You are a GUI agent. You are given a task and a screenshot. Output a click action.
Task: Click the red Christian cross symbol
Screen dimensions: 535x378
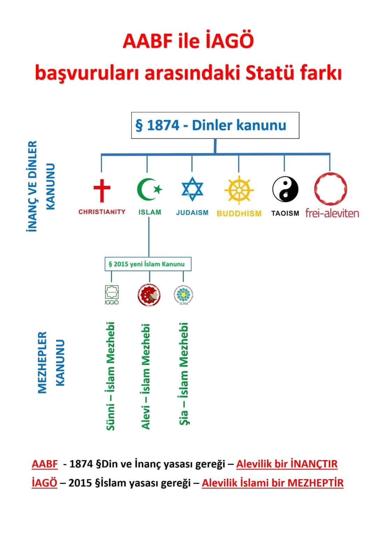(102, 190)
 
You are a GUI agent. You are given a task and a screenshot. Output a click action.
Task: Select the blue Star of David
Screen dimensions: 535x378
(192, 189)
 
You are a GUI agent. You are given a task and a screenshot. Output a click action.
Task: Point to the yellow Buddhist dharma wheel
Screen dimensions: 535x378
(239, 190)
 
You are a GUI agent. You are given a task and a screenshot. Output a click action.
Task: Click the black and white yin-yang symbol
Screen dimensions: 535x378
(285, 189)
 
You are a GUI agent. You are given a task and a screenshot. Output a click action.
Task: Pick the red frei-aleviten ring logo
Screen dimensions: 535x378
(330, 188)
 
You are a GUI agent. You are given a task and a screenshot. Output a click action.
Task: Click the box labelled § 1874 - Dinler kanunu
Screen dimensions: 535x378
(215, 125)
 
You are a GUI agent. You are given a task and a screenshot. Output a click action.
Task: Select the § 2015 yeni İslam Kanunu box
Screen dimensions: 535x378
(148, 264)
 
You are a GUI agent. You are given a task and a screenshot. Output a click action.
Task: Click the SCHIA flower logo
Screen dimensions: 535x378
(183, 295)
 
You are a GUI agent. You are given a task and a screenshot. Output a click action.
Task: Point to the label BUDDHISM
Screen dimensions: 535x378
(239, 213)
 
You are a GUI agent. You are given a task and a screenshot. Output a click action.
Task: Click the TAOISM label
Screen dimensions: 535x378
(285, 213)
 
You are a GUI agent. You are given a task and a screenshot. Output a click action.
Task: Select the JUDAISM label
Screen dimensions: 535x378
(192, 213)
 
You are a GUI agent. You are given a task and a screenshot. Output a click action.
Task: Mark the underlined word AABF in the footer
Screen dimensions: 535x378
(44, 464)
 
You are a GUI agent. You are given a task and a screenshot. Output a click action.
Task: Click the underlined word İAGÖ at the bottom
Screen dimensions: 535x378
(44, 483)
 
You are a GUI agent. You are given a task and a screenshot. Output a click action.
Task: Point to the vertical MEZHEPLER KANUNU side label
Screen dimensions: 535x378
(51, 362)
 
